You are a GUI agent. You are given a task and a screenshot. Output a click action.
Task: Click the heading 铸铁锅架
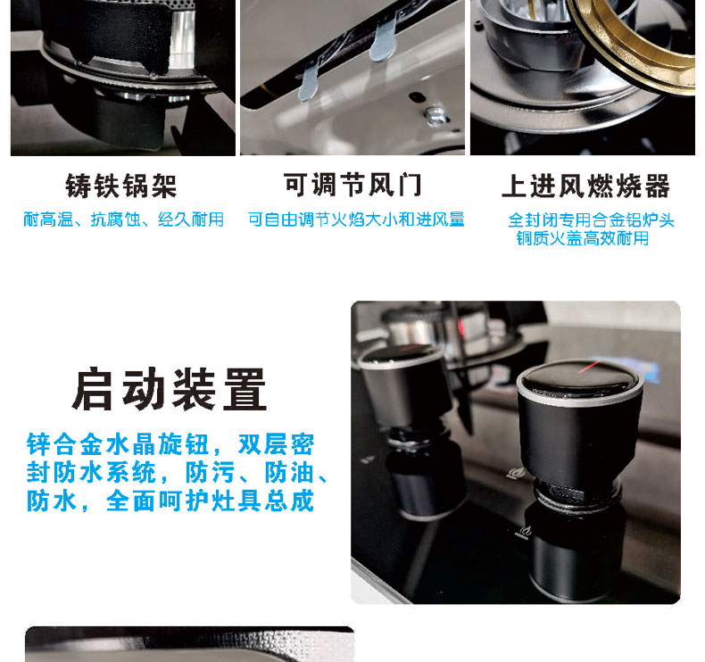pyautogui.click(x=121, y=186)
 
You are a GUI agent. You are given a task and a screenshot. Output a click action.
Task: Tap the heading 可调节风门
pyautogui.click(x=353, y=185)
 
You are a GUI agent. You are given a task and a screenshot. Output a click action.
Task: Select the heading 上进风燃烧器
pyautogui.click(x=585, y=186)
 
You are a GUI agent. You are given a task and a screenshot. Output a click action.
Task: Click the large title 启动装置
pyautogui.click(x=170, y=389)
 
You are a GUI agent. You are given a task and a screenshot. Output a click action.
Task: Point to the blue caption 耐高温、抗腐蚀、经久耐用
pyautogui.click(x=124, y=219)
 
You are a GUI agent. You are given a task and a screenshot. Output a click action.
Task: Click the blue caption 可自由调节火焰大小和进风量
pyautogui.click(x=356, y=219)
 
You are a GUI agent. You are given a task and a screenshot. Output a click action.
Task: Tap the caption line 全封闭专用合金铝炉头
pyautogui.click(x=592, y=220)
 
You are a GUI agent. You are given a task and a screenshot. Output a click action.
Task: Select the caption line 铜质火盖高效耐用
pyautogui.click(x=583, y=238)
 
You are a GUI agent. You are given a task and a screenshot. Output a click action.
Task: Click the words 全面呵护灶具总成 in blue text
pyautogui.click(x=210, y=501)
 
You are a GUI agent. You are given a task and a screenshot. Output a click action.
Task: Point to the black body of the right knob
pyautogui.click(x=580, y=445)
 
